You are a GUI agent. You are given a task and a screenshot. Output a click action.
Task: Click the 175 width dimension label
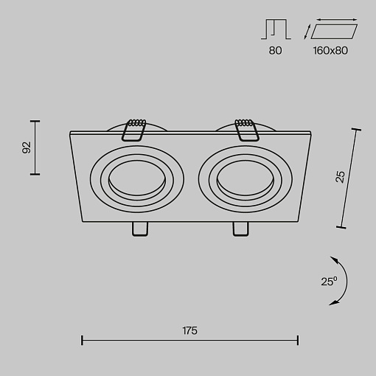(x=189, y=331)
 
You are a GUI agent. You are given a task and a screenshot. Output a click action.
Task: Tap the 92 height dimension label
(x=27, y=147)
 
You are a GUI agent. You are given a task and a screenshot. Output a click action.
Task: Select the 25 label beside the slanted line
(x=340, y=177)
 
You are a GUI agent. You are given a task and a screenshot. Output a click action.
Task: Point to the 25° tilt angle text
(x=329, y=281)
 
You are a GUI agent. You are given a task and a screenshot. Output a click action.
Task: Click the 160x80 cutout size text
(x=330, y=50)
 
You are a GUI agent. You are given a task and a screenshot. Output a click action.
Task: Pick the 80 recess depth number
(x=275, y=51)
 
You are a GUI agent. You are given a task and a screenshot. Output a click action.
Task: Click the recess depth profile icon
(x=276, y=29)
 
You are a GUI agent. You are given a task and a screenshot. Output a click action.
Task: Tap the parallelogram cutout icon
(x=334, y=32)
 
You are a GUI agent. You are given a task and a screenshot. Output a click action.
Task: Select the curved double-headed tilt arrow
(x=347, y=281)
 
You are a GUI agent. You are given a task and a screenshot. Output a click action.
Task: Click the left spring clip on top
(x=134, y=130)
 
